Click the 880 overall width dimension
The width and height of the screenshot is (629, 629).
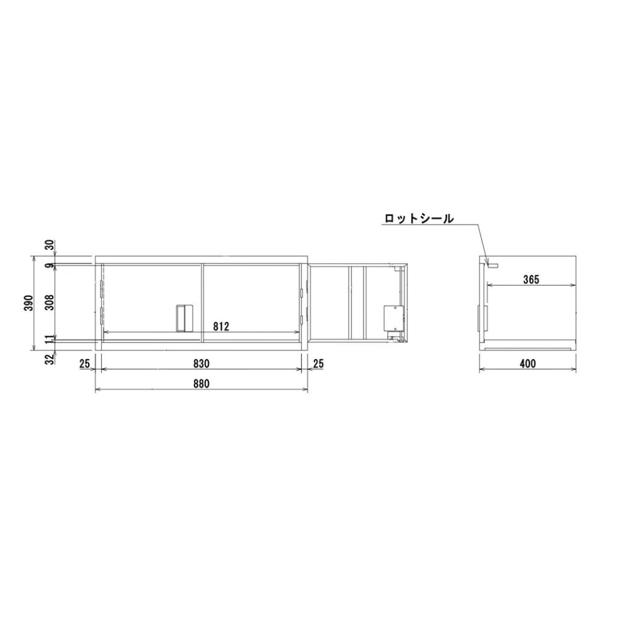[x=201, y=383]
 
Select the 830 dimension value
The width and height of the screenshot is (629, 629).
[x=201, y=363]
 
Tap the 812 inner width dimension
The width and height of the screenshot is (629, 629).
[x=220, y=326]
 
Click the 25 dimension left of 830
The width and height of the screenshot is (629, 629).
[x=85, y=363]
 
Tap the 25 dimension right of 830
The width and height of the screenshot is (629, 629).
[x=318, y=363]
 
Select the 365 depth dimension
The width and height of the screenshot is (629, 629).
[x=531, y=280]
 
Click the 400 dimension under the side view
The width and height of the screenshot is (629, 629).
[x=528, y=364]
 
